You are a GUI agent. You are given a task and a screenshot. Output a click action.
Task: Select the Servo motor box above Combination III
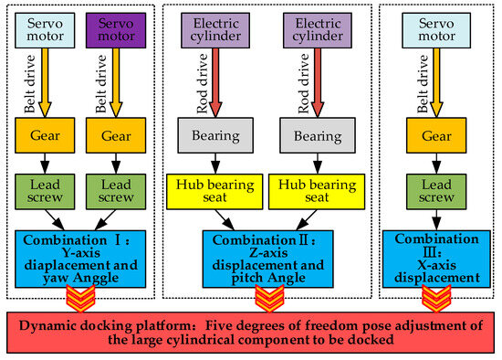pos(429,29)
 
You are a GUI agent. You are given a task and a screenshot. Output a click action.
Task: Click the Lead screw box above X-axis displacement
pos(429,191)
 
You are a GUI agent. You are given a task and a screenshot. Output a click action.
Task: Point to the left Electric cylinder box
pos(215,29)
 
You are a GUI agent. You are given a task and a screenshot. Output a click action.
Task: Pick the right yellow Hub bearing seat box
pos(313,191)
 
